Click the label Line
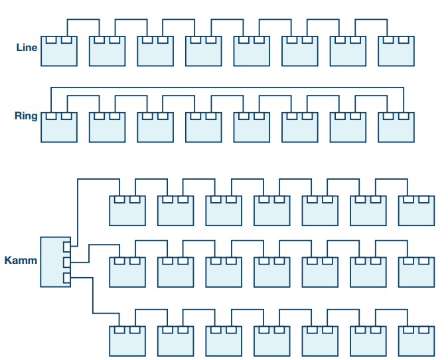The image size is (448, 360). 27,48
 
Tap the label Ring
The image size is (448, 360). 26,116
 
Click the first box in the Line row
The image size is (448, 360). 58,51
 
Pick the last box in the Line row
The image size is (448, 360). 396,51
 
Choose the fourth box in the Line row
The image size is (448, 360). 203,51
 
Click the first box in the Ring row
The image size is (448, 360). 58,127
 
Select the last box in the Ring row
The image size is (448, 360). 396,127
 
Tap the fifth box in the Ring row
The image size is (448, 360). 252,127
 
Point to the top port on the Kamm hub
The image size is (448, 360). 66,247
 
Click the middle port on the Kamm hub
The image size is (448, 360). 66,262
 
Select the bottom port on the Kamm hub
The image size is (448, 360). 66,276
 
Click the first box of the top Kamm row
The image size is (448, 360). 127,210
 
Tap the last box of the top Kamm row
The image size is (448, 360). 416,210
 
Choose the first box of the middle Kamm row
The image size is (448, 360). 127,272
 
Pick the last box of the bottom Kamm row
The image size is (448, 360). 416,340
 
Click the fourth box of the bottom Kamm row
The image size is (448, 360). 271,340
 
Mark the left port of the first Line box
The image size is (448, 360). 50,40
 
